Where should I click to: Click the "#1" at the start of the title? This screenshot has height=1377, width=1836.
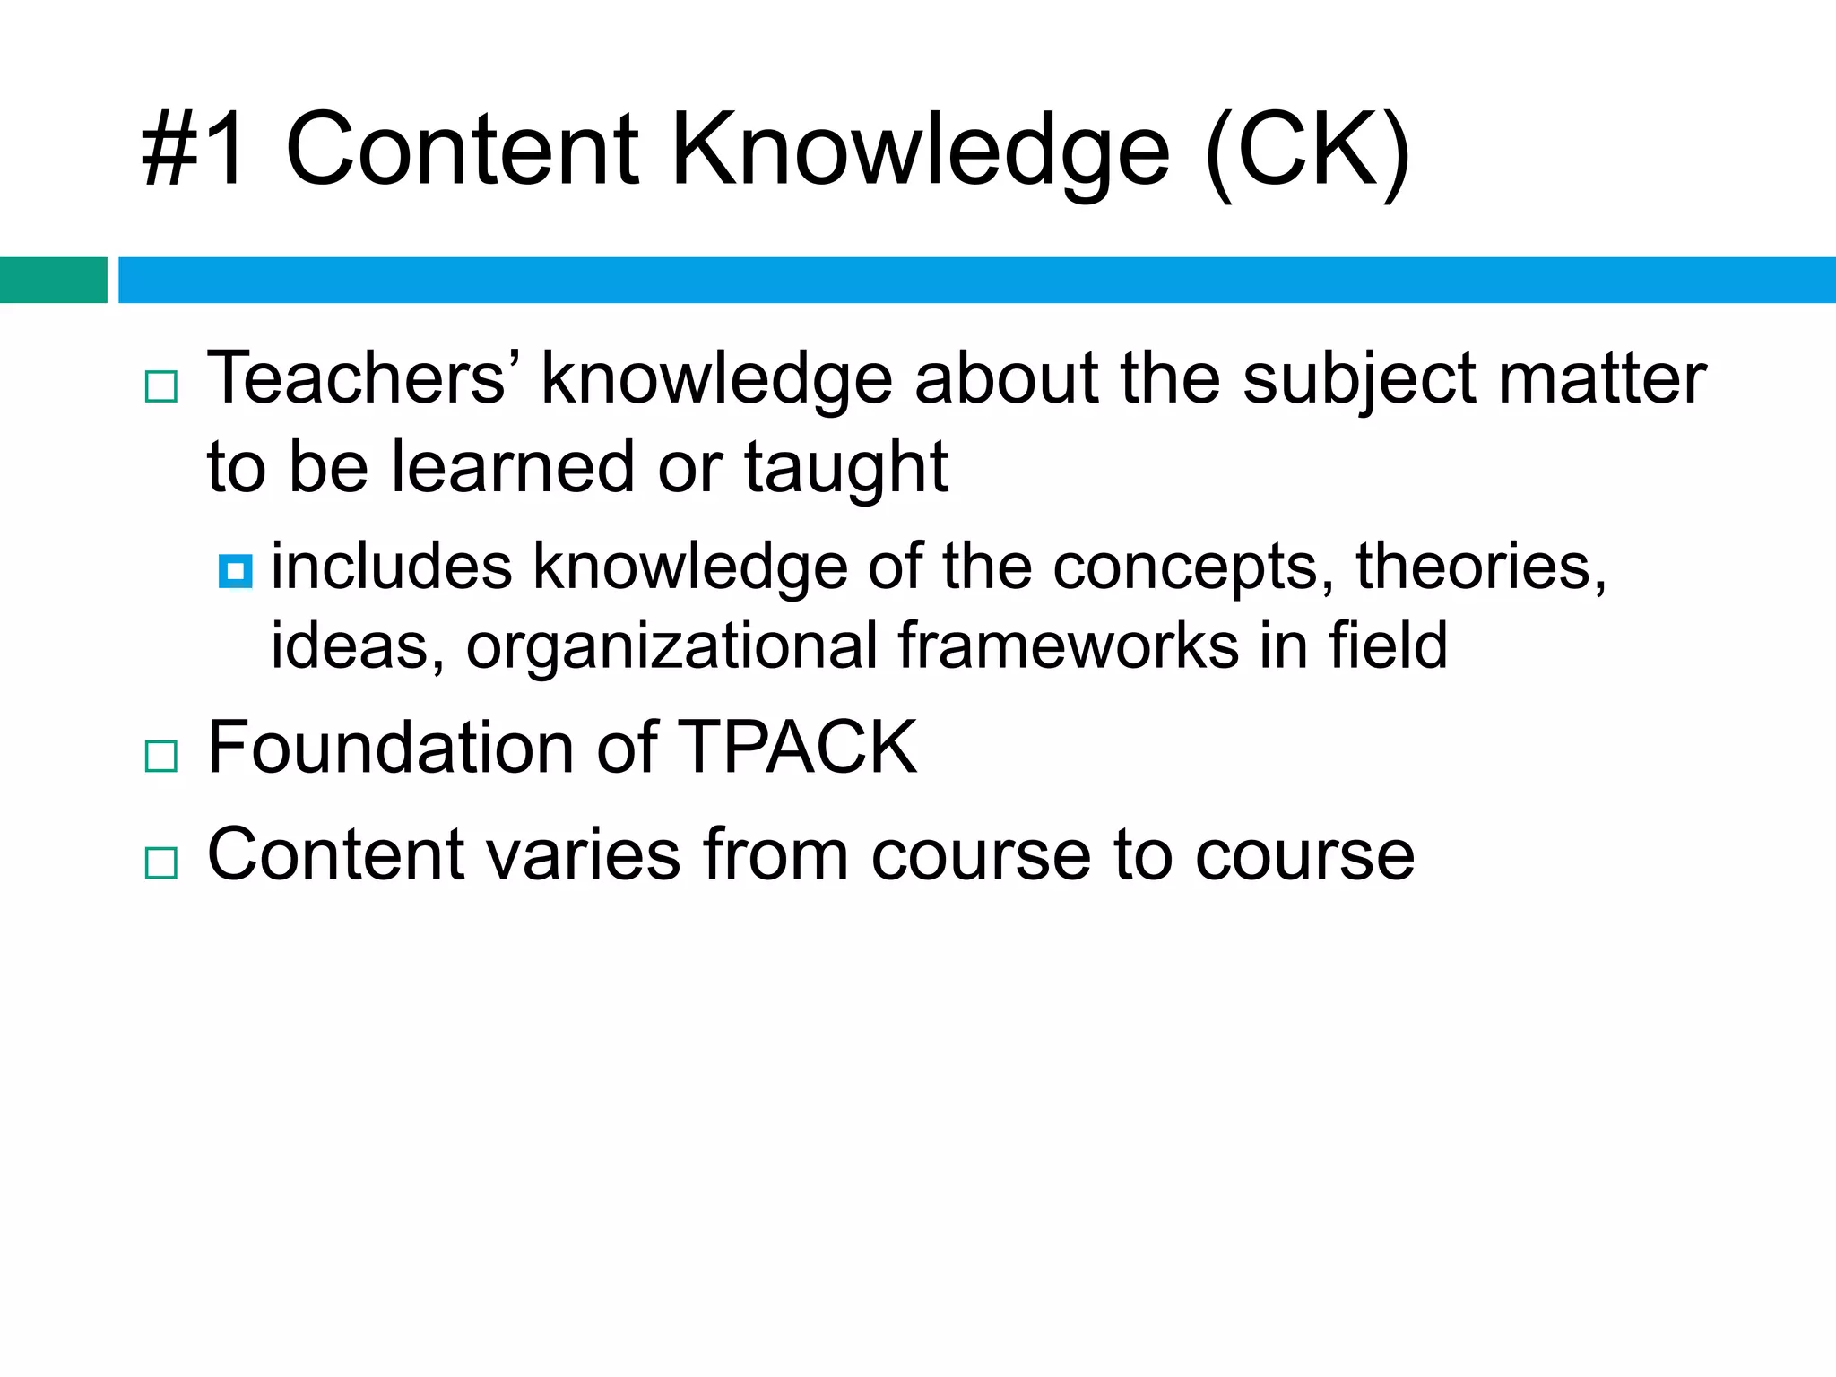click(193, 149)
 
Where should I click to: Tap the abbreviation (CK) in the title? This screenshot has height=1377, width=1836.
click(1308, 151)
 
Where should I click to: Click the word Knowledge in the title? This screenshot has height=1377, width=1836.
click(920, 151)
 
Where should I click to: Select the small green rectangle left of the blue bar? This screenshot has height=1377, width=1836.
click(53, 280)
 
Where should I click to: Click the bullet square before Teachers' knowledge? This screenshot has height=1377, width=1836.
click(161, 386)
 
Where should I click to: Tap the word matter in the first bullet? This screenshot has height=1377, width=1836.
click(1601, 378)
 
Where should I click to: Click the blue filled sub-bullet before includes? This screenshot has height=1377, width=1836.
click(236, 570)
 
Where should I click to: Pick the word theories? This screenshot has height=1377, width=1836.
click(1480, 567)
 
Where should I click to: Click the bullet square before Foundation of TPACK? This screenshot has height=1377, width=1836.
click(161, 756)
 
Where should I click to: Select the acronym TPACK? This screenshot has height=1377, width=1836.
click(797, 747)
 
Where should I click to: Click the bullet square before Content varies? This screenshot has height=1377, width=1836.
click(161, 862)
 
